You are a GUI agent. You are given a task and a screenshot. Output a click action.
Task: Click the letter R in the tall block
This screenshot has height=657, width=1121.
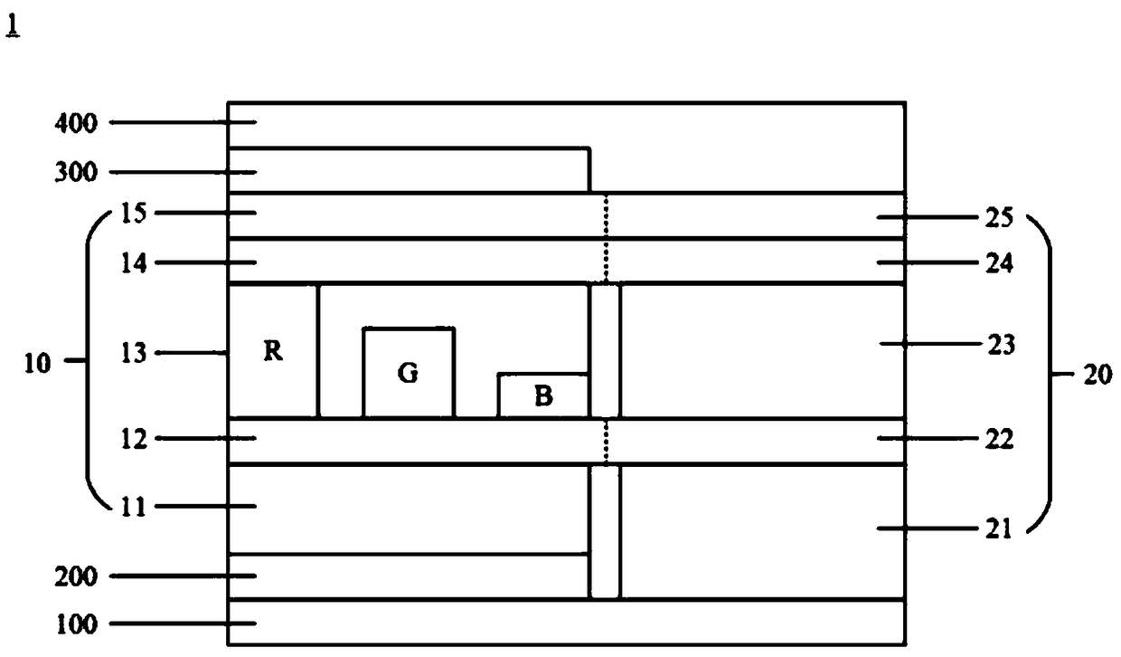pos(273,353)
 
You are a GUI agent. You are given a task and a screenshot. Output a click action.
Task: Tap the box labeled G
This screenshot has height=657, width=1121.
pos(409,373)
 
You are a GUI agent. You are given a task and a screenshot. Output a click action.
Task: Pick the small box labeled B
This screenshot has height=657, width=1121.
pos(543,396)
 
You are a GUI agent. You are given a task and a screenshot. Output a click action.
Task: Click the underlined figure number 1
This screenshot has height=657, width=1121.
pos(14,30)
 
